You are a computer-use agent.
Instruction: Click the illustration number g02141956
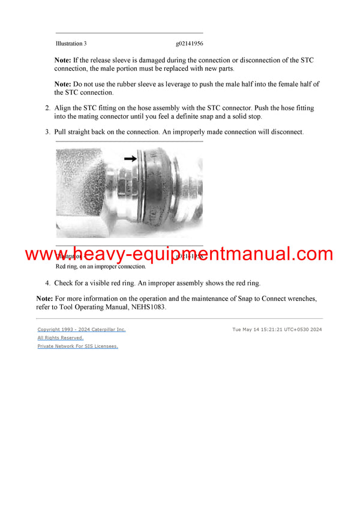[x=190, y=44]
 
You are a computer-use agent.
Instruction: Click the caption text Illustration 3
[x=71, y=44]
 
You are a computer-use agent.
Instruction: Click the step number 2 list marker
[x=48, y=108]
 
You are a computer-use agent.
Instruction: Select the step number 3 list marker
[x=48, y=131]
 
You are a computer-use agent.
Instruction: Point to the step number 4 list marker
[x=48, y=283]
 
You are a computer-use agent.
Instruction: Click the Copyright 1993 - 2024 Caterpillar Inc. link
[x=82, y=329]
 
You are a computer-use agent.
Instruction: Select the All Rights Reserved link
[x=61, y=338]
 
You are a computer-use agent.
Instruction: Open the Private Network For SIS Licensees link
[x=78, y=346]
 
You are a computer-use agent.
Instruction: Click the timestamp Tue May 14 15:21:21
[x=277, y=329]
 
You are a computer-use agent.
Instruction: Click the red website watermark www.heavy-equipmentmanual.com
[x=179, y=254]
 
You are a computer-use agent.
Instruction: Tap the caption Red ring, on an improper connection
[x=101, y=266]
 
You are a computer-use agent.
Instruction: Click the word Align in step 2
[x=64, y=108]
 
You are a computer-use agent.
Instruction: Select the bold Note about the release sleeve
[x=62, y=60]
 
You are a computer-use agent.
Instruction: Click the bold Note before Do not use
[x=62, y=84]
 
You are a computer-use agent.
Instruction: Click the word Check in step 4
[x=65, y=283]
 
